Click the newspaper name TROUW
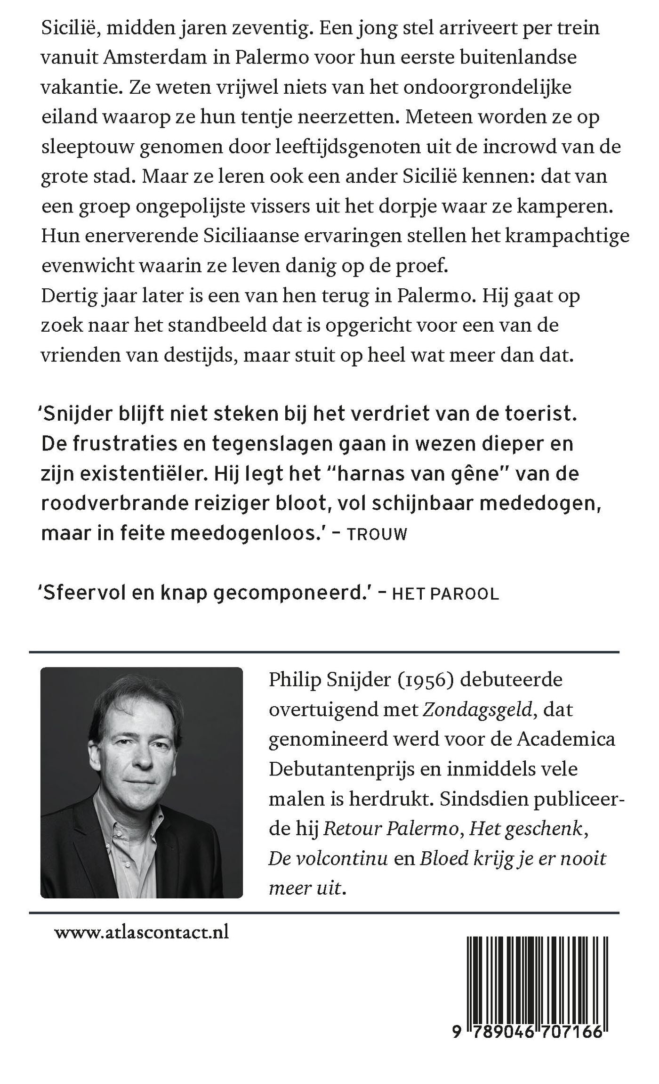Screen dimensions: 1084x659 pyautogui.click(x=378, y=534)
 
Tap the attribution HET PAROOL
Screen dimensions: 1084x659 pyautogui.click(x=445, y=594)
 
